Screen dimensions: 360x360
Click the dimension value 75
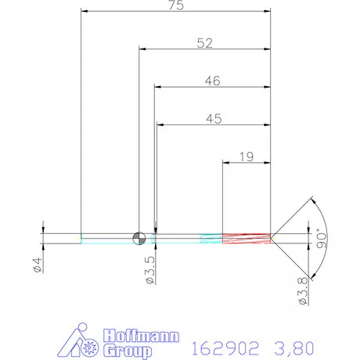(176, 6)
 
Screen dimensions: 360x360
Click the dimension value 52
(205, 44)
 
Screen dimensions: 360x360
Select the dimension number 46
(212, 81)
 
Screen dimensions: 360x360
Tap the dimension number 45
(212, 119)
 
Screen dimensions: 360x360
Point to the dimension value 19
(245, 157)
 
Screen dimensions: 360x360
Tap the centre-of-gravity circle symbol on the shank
(139, 238)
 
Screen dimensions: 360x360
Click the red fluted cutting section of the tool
(247, 238)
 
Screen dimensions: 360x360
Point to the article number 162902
(225, 344)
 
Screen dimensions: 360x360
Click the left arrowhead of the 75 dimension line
(85, 12)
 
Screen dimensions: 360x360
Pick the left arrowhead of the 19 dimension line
(226, 164)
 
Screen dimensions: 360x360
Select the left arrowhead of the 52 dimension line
(142, 49)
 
